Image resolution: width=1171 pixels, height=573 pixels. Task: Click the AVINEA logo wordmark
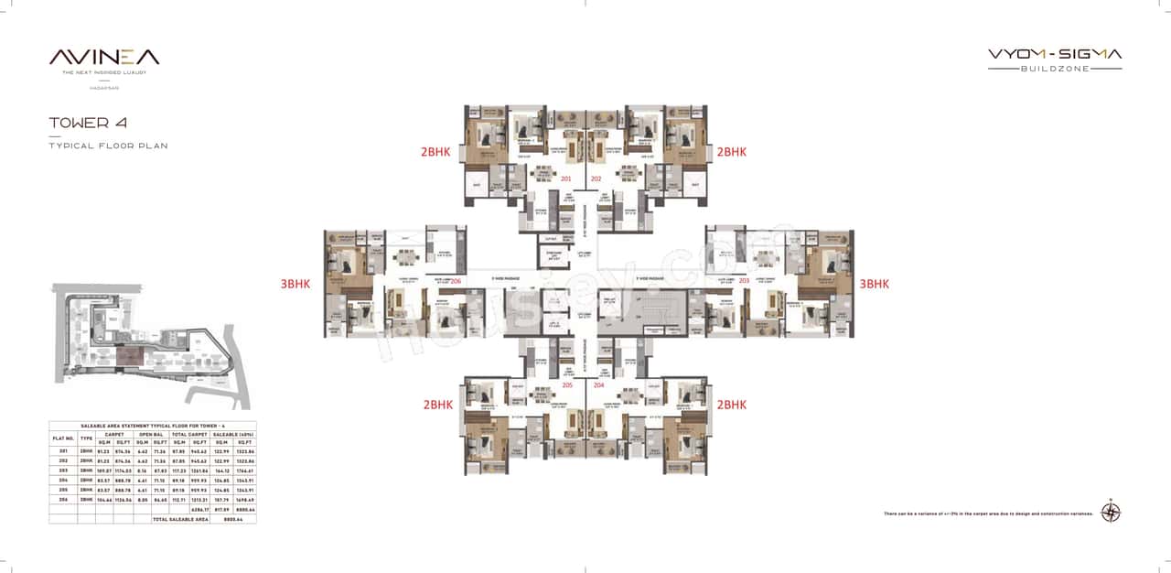(104, 57)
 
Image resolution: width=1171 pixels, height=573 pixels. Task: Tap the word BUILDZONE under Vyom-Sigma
(1055, 69)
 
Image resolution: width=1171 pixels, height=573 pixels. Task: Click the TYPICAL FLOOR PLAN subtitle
(108, 146)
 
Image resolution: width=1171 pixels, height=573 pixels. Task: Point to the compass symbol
(1112, 513)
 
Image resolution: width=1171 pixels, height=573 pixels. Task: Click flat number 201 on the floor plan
(565, 178)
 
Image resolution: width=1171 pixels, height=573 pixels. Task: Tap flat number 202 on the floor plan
(596, 178)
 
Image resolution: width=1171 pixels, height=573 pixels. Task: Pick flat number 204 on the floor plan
(599, 385)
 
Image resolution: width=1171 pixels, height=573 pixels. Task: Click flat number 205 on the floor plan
(567, 385)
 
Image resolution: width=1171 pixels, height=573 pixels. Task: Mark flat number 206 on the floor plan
(456, 281)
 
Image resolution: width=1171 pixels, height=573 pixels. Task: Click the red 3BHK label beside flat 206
(295, 284)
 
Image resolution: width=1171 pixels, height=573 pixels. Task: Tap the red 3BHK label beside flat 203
(874, 284)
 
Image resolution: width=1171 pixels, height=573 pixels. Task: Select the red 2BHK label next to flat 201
(436, 152)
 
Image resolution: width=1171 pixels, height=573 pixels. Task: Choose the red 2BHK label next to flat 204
(732, 404)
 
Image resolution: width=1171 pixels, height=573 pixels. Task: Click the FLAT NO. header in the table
(62, 438)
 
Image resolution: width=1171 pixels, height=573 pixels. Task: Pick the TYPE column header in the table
(86, 438)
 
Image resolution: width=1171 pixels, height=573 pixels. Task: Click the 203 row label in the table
(62, 470)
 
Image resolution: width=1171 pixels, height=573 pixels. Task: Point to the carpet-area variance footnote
(989, 514)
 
